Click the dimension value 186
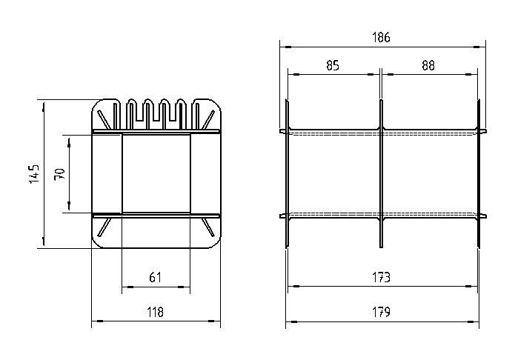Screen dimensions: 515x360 point(381,38)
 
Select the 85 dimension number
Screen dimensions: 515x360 point(333,65)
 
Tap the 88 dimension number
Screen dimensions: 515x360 point(428,65)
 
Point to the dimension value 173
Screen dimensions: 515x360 point(381,278)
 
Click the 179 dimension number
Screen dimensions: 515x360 point(381,312)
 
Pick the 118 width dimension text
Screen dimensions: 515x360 point(155,312)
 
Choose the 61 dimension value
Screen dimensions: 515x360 point(155,278)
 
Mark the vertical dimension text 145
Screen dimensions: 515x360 point(34,174)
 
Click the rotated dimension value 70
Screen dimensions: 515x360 point(60,174)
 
